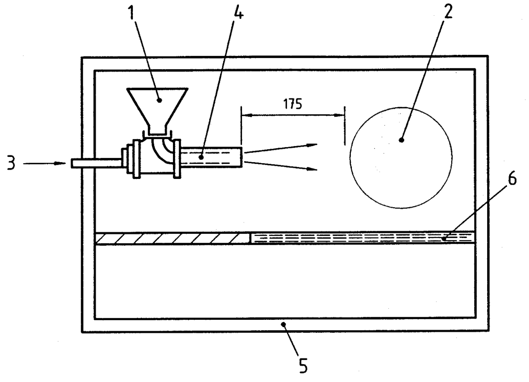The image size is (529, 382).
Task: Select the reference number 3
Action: [11, 163]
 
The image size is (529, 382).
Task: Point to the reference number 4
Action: [238, 12]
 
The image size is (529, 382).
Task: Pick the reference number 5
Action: [303, 365]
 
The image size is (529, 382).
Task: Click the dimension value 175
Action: [293, 104]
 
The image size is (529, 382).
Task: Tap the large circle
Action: [351, 158]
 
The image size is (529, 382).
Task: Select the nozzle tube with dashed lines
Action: [211, 157]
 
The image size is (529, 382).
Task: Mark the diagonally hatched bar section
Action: [172, 238]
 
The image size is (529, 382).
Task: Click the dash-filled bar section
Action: [363, 238]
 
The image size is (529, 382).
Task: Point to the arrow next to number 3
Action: [44, 163]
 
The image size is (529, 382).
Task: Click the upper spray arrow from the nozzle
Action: [280, 148]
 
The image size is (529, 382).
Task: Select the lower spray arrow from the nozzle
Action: [280, 165]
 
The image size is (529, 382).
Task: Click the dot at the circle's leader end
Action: [401, 140]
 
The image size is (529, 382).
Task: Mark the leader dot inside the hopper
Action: [159, 100]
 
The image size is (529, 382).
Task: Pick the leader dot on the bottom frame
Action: [284, 324]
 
